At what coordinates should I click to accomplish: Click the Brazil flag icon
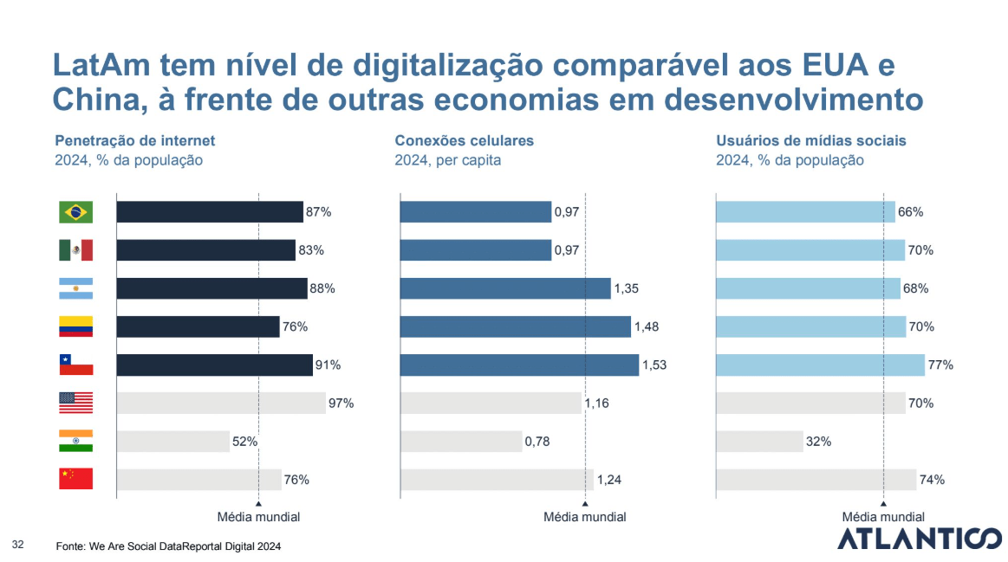(x=75, y=212)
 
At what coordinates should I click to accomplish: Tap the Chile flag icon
(x=75, y=365)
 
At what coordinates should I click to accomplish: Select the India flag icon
(x=75, y=441)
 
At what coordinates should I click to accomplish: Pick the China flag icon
(x=75, y=479)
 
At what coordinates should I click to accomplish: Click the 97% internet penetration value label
(x=341, y=404)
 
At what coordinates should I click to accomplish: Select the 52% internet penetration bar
(x=172, y=442)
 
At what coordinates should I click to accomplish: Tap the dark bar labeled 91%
(x=214, y=365)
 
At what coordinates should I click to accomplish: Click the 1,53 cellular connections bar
(x=518, y=365)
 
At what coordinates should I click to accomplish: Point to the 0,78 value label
(x=539, y=442)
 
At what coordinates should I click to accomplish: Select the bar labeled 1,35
(x=504, y=288)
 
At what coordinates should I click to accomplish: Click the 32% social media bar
(x=759, y=442)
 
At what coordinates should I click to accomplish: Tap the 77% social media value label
(x=940, y=365)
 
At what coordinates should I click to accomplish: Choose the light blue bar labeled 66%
(x=805, y=212)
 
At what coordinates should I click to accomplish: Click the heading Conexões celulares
(x=464, y=140)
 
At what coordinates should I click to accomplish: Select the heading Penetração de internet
(x=135, y=140)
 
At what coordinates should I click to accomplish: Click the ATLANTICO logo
(x=918, y=539)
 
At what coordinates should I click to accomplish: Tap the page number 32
(x=18, y=544)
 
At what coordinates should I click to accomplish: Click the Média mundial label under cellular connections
(x=584, y=517)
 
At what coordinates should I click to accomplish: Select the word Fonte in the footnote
(x=70, y=547)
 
